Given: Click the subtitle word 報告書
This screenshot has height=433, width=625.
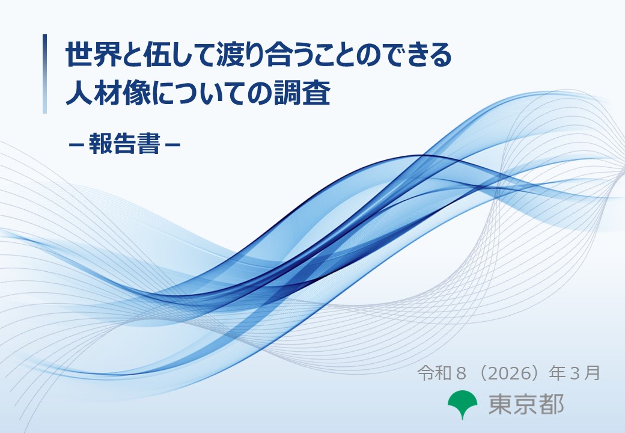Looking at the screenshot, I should (x=124, y=145).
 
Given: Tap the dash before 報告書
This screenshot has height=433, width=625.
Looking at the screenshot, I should (x=76, y=146).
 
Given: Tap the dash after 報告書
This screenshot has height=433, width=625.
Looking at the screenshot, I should (x=172, y=146).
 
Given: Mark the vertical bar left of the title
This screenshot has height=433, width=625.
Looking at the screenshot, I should (x=44, y=74).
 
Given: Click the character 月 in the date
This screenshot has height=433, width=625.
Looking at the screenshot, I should (x=593, y=373).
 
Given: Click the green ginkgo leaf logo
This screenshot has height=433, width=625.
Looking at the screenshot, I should (x=463, y=404).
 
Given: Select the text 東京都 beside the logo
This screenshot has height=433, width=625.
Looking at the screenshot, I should (x=526, y=404).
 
